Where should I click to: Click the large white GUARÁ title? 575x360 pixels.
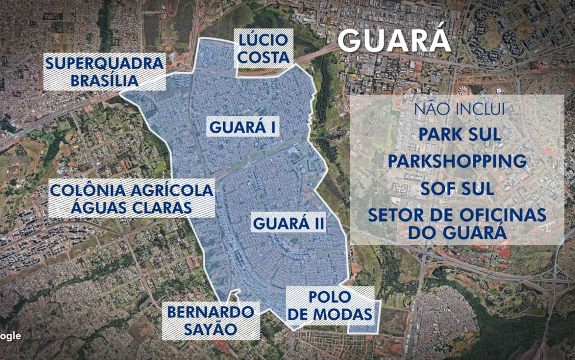tap(394, 40)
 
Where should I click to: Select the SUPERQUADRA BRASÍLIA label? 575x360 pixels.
tap(105, 72)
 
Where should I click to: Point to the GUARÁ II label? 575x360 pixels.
tap(289, 223)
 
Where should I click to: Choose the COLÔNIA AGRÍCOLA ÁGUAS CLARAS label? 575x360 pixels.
tap(131, 199)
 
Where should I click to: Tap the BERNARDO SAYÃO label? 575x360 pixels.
tap(211, 320)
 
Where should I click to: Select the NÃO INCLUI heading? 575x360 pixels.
tap(459, 109)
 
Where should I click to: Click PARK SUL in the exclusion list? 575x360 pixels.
tap(459, 134)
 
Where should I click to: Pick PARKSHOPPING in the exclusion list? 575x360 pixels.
tap(458, 161)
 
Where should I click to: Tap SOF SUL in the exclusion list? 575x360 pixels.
tap(457, 189)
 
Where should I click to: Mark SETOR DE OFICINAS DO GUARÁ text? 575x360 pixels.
tap(457, 223)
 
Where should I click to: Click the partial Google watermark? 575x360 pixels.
tap(11, 336)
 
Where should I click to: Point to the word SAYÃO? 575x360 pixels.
tap(211, 330)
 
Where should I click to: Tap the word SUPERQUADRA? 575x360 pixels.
tap(105, 63)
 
